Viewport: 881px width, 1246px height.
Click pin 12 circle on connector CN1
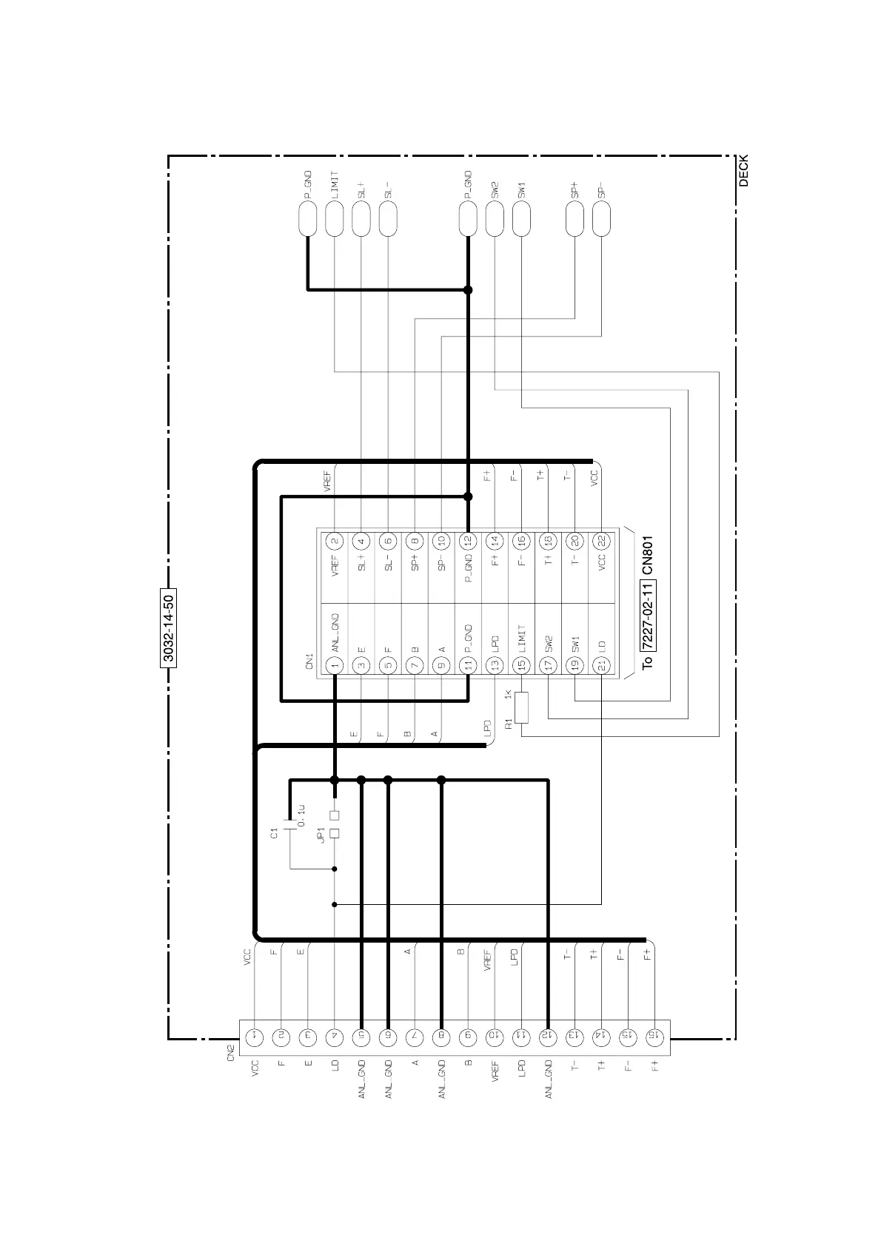[468, 541]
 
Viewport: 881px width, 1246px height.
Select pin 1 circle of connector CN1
[335, 665]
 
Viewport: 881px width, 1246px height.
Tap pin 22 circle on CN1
[601, 541]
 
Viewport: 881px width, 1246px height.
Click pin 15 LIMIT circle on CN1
[521, 665]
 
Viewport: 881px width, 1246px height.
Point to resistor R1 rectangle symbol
[521, 708]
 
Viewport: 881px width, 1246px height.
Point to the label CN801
[647, 556]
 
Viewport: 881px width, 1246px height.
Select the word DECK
[744, 170]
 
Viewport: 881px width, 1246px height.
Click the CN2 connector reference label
[230, 1052]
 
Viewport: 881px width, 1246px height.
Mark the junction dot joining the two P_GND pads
[468, 290]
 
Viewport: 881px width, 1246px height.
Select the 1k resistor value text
[508, 695]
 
